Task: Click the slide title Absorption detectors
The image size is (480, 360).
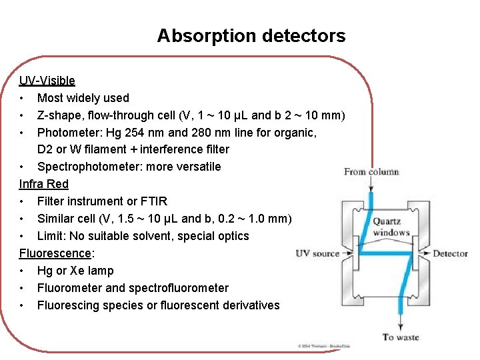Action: tap(251, 36)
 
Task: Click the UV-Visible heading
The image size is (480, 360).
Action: tap(47, 81)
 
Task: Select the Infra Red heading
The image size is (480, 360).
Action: tap(43, 183)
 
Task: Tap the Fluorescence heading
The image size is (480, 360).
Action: tap(55, 253)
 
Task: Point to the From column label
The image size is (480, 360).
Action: tap(371, 172)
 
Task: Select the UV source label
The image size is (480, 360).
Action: tap(317, 253)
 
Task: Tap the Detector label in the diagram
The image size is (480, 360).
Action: tap(450, 253)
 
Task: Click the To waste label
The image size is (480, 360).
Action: tap(400, 337)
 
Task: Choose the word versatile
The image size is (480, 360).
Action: tap(197, 167)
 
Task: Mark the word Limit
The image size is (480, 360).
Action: tap(50, 236)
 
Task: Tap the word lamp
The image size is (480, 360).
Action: tap(100, 271)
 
